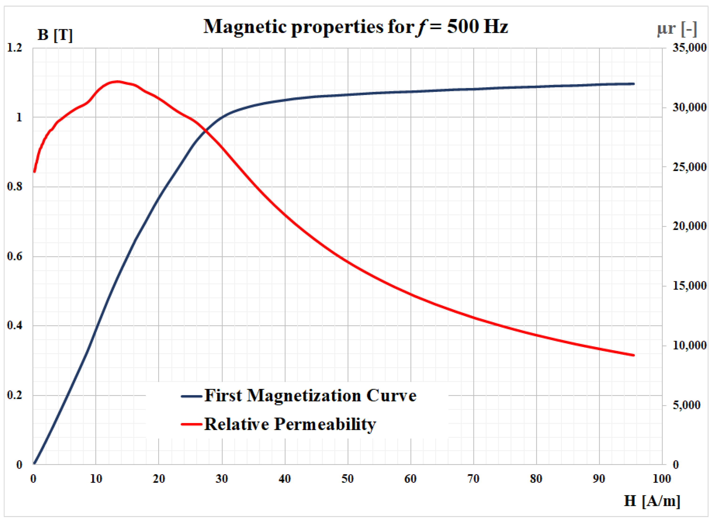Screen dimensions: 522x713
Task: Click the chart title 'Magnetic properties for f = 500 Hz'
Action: pyautogui.click(x=356, y=27)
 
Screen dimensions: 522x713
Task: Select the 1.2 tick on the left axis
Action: pyautogui.click(x=15, y=48)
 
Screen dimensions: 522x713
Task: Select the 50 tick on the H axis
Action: pyautogui.click(x=348, y=479)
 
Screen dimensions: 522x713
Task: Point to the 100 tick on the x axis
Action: pyautogui.click(x=662, y=479)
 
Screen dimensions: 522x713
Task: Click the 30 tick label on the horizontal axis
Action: pyautogui.click(x=222, y=479)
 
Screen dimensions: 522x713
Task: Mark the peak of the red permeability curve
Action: pyautogui.click(x=117, y=82)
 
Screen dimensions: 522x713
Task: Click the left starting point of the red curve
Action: pyautogui.click(x=34, y=172)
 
